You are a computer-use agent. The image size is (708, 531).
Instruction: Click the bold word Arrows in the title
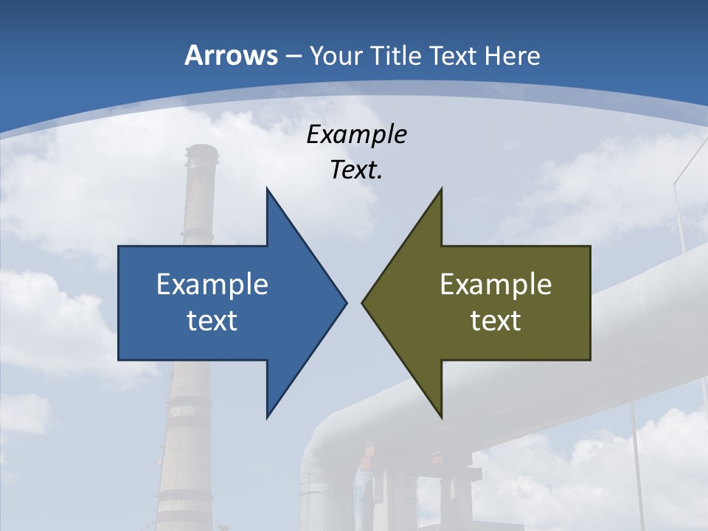pyautogui.click(x=231, y=55)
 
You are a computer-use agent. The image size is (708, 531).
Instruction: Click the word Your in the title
pyautogui.click(x=336, y=55)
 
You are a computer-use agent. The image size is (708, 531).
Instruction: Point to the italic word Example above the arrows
pyautogui.click(x=356, y=135)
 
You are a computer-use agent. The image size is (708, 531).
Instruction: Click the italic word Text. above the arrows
pyautogui.click(x=356, y=170)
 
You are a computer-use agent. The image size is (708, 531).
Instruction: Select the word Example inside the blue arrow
pyautogui.click(x=212, y=284)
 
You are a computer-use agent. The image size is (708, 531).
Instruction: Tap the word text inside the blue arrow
pyautogui.click(x=212, y=320)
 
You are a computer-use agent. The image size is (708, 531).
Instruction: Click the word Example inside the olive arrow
pyautogui.click(x=496, y=284)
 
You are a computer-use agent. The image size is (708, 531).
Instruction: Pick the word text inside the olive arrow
pyautogui.click(x=496, y=320)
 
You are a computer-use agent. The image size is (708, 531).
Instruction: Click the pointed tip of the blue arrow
pyautogui.click(x=346, y=302)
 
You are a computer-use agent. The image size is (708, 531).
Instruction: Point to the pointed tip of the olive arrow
pyautogui.click(x=362, y=302)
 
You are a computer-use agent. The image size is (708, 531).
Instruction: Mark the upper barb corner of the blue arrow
pyautogui.click(x=267, y=189)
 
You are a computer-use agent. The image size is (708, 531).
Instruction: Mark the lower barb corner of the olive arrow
pyautogui.click(x=441, y=417)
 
